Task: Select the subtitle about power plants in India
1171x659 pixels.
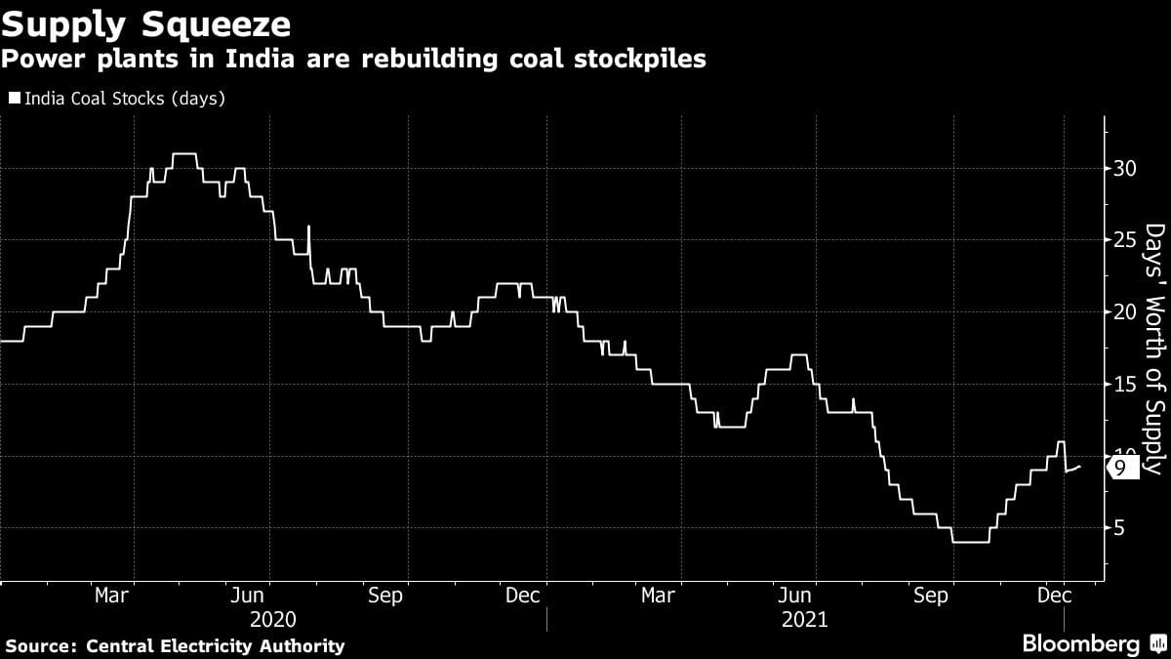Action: pos(353,60)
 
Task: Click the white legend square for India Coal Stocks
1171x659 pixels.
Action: pos(14,98)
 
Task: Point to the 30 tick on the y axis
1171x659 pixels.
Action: pos(1125,168)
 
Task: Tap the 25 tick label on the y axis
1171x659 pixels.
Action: pos(1125,240)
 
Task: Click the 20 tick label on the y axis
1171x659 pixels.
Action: pos(1125,312)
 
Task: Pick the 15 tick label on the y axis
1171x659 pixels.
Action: pos(1125,385)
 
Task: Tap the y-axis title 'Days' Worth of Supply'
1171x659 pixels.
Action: pos(1154,350)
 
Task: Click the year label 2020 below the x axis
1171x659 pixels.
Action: pos(272,619)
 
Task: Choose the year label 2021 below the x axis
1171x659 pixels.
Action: pos(804,619)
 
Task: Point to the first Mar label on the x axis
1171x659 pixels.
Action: pos(113,596)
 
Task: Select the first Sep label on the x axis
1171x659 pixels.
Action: pos(385,596)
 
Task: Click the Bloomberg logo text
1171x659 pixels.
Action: pos(1080,644)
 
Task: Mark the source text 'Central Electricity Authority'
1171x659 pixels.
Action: pos(216,646)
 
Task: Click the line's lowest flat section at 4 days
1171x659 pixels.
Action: pos(971,542)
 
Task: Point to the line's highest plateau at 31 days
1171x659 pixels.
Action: pos(183,154)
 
